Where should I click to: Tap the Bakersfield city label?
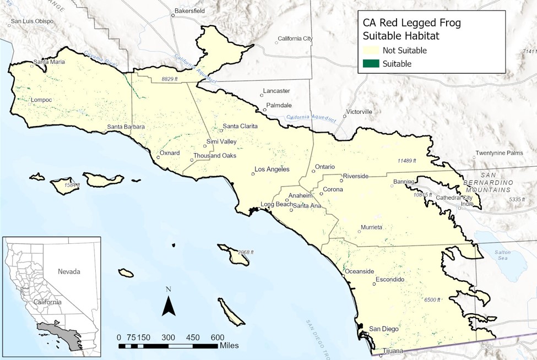point(189,10)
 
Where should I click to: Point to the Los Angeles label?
point(272,170)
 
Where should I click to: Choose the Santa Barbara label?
point(126,127)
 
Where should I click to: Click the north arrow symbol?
point(169,302)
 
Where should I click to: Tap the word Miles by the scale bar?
point(229,346)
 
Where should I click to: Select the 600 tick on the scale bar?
point(216,337)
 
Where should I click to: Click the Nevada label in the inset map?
point(69,271)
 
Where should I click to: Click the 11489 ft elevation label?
point(408,161)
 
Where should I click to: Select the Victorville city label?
point(359,112)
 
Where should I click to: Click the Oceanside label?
point(359,271)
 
